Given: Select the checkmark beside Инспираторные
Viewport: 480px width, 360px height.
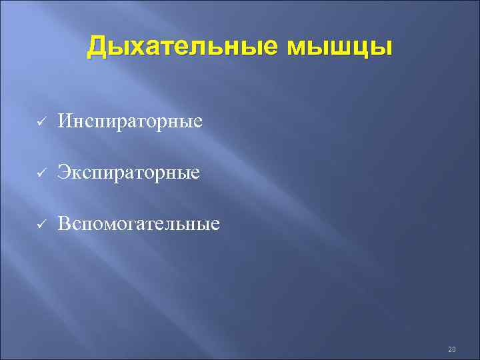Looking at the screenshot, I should click(x=40, y=122).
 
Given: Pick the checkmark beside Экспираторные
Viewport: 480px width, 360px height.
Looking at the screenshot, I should click(x=40, y=173).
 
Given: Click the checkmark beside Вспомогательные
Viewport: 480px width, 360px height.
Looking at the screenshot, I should click(x=40, y=223).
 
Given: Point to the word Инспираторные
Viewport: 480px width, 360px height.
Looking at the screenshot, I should click(x=129, y=122).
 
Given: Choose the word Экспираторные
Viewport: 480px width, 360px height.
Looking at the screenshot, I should click(x=128, y=173).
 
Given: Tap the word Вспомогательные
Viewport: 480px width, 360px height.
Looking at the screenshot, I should click(x=138, y=223).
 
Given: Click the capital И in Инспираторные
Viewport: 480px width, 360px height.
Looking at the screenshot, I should click(x=65, y=121).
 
